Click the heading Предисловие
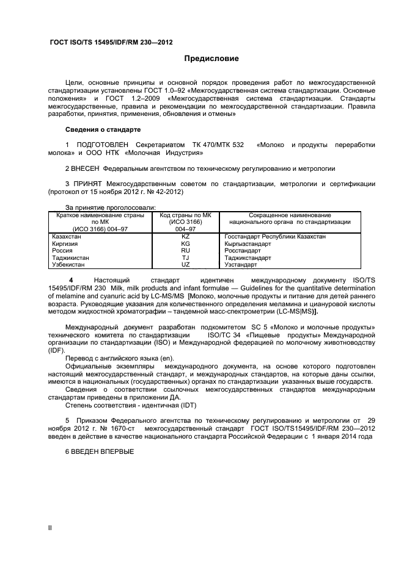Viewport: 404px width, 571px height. click(x=211, y=59)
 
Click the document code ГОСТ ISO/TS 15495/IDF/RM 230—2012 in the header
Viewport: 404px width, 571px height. click(x=111, y=43)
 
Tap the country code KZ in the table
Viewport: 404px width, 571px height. click(x=186, y=236)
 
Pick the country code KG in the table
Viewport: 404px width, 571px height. click(x=186, y=243)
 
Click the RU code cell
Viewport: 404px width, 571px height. click(x=186, y=251)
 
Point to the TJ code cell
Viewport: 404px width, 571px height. click(x=186, y=258)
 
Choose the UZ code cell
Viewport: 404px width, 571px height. click(x=186, y=265)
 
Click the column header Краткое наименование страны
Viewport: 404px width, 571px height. click(x=99, y=215)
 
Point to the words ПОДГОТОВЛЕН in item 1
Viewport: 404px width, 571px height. click(x=102, y=145)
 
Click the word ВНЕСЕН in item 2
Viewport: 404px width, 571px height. click(x=86, y=168)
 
